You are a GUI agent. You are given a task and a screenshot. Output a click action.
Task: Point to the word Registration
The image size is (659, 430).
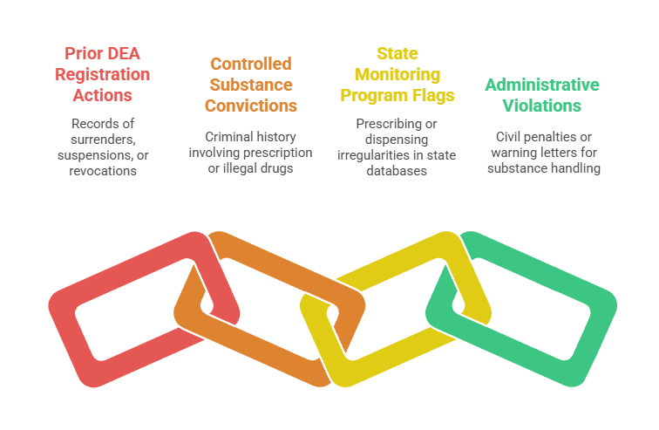(x=102, y=74)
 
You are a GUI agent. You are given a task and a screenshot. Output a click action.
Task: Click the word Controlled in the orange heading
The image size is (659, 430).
(x=251, y=64)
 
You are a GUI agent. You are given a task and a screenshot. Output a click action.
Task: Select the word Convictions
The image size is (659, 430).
(x=251, y=106)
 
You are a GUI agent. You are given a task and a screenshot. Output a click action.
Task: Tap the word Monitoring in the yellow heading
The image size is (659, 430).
(x=397, y=74)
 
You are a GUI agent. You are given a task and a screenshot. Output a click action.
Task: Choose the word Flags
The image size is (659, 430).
(x=435, y=95)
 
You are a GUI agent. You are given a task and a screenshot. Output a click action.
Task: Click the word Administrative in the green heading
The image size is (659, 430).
(x=542, y=85)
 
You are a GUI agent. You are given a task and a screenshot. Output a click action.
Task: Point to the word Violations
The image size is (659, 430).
(x=542, y=106)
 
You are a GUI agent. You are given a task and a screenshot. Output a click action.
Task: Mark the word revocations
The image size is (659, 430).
(x=102, y=171)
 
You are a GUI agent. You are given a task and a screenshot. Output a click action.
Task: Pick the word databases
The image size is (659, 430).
(x=397, y=172)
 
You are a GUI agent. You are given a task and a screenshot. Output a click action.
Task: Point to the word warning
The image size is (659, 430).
(x=513, y=153)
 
